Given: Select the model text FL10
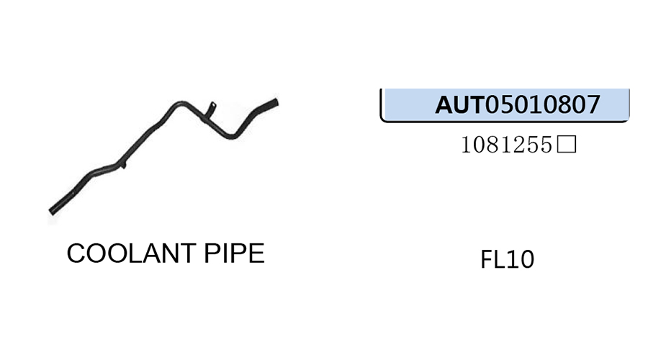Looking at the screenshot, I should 507,259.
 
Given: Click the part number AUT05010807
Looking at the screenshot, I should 517,105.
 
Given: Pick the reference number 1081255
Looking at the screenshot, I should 507,146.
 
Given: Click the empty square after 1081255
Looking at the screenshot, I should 567,146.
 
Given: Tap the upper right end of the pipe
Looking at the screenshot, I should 275,102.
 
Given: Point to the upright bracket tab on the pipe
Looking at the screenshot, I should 210,108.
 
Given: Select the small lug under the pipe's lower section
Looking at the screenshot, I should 123,167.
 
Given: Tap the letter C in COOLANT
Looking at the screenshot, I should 76,253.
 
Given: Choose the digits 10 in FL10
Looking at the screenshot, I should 520,259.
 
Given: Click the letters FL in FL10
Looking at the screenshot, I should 493,259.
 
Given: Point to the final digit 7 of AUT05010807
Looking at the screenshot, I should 593,105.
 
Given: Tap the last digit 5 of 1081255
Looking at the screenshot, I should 549,146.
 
